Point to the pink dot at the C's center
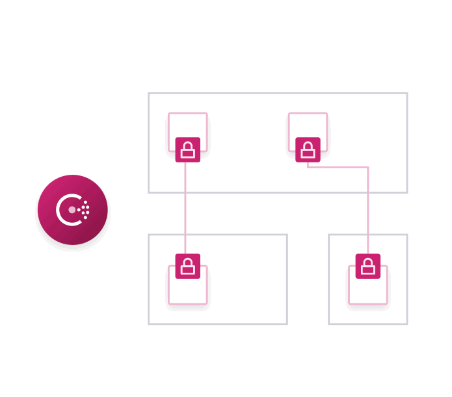(x=72, y=210)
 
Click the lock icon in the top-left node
(x=187, y=150)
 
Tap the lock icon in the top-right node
(x=308, y=150)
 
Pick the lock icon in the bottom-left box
(x=187, y=266)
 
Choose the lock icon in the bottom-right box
(x=367, y=266)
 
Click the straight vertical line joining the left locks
(x=185, y=208)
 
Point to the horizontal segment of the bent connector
(x=338, y=168)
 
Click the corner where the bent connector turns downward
(x=368, y=168)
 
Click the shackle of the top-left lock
(x=187, y=144)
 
